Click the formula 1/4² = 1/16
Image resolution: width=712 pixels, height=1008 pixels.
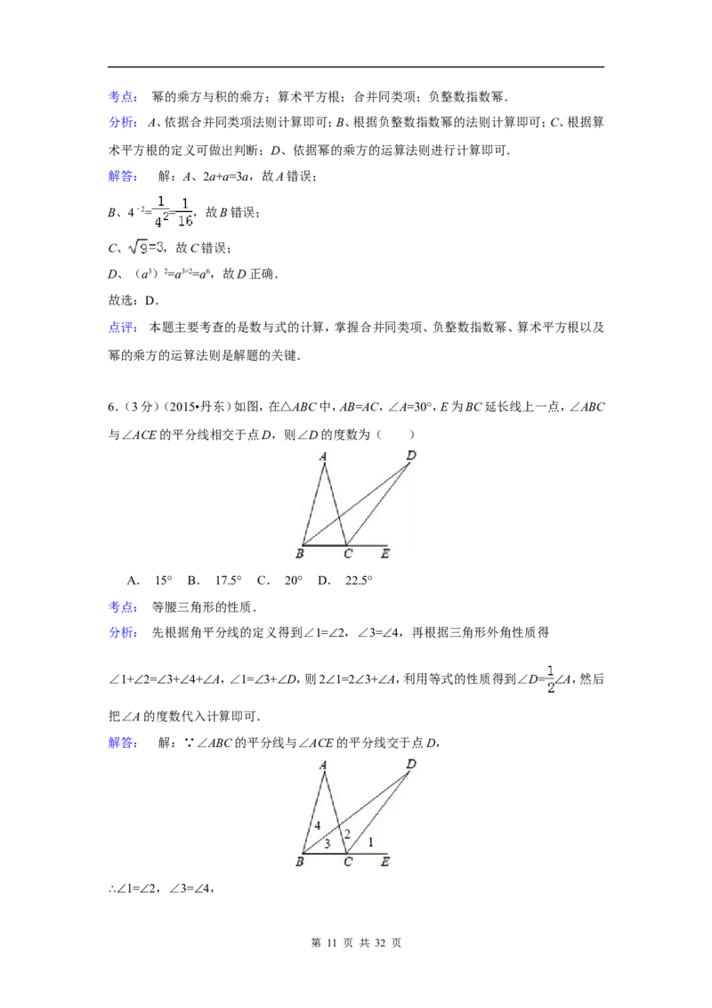coord(173,210)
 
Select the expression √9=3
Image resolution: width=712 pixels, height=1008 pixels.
coord(142,247)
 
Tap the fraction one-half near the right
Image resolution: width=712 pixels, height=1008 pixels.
coord(549,678)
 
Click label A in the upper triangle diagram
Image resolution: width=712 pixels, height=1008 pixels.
coord(323,457)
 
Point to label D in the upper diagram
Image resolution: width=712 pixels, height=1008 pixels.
coord(410,456)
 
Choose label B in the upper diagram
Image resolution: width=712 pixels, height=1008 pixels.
coord(299,555)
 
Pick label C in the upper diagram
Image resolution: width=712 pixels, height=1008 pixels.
coord(348,555)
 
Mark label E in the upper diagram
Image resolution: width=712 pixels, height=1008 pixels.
coord(384,555)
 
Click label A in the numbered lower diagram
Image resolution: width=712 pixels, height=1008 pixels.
coord(323,764)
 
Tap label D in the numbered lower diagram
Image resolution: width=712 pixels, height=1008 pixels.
coord(410,763)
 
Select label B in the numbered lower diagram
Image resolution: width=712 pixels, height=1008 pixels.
coord(299,861)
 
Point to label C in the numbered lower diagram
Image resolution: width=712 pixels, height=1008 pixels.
coord(348,861)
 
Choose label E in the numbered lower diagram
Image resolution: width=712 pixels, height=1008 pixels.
coord(384,861)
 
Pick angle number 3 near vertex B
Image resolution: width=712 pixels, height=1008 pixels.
coord(327,843)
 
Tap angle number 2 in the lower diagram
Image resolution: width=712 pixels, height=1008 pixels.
coord(347,833)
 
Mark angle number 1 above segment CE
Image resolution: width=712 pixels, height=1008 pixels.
coord(371,841)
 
